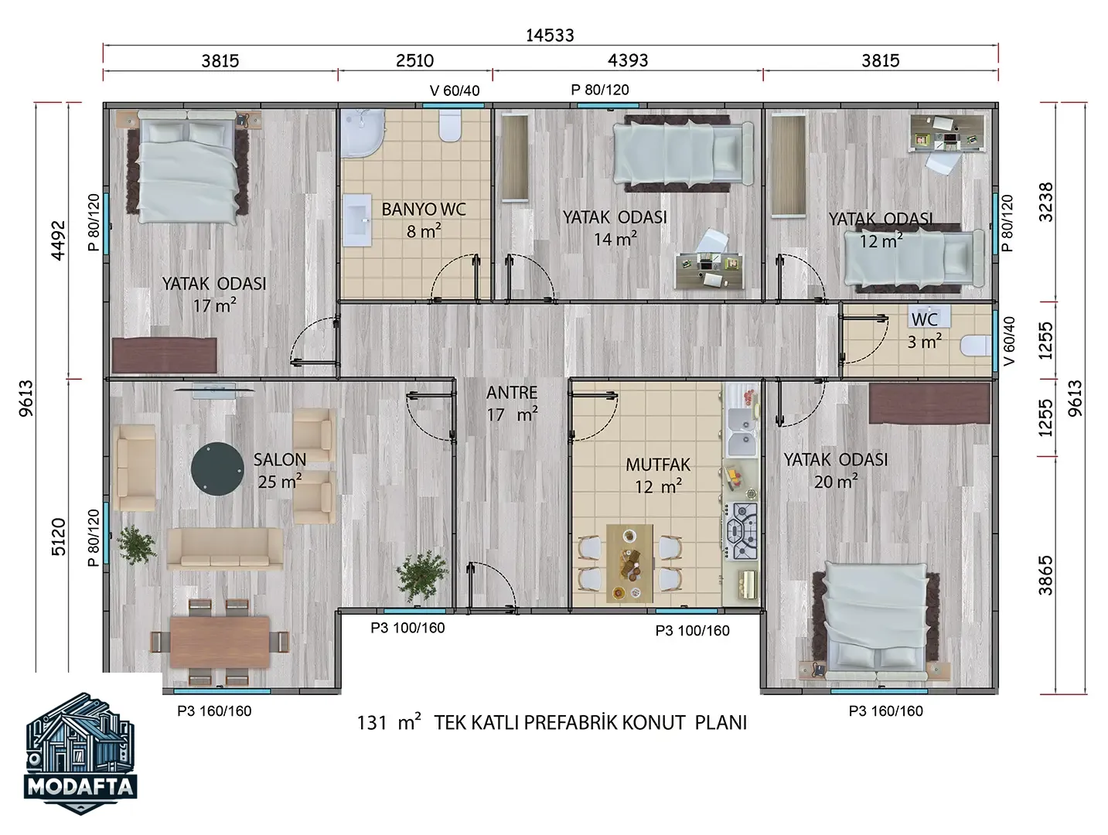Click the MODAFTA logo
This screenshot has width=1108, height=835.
[80, 753]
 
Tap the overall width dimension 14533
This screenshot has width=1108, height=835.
[550, 36]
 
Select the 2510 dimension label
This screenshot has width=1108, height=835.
[414, 60]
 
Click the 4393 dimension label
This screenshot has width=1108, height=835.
[627, 60]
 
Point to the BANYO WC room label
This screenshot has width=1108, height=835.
[424, 210]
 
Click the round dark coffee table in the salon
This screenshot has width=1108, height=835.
[217, 469]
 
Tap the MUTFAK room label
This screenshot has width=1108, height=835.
[658, 465]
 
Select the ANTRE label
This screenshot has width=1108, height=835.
[512, 393]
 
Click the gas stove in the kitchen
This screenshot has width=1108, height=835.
[742, 531]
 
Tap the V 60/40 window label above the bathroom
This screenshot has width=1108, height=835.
[455, 90]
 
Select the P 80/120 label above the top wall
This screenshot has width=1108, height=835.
[600, 90]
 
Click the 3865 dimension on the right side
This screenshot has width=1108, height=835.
[1046, 575]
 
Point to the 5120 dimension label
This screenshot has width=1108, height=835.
[59, 537]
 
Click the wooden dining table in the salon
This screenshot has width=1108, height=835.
[220, 641]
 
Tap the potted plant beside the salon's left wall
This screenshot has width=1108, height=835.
[135, 544]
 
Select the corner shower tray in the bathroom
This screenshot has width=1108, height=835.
[361, 134]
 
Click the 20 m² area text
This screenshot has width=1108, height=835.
[835, 482]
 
